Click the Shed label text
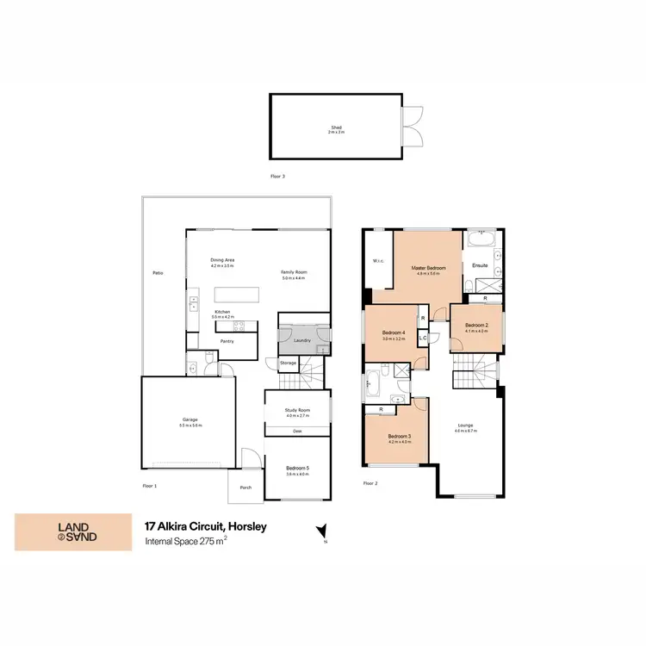click(336, 127)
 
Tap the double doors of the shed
click(413, 127)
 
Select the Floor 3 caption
click(277, 176)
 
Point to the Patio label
click(158, 273)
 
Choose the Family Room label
click(294, 273)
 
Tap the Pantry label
click(227, 341)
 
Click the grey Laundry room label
click(301, 340)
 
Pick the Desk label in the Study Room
click(297, 431)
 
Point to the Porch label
click(245, 488)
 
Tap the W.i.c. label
click(378, 261)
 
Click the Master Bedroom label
click(429, 268)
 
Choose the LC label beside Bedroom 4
click(423, 339)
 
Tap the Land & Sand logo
click(73, 532)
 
